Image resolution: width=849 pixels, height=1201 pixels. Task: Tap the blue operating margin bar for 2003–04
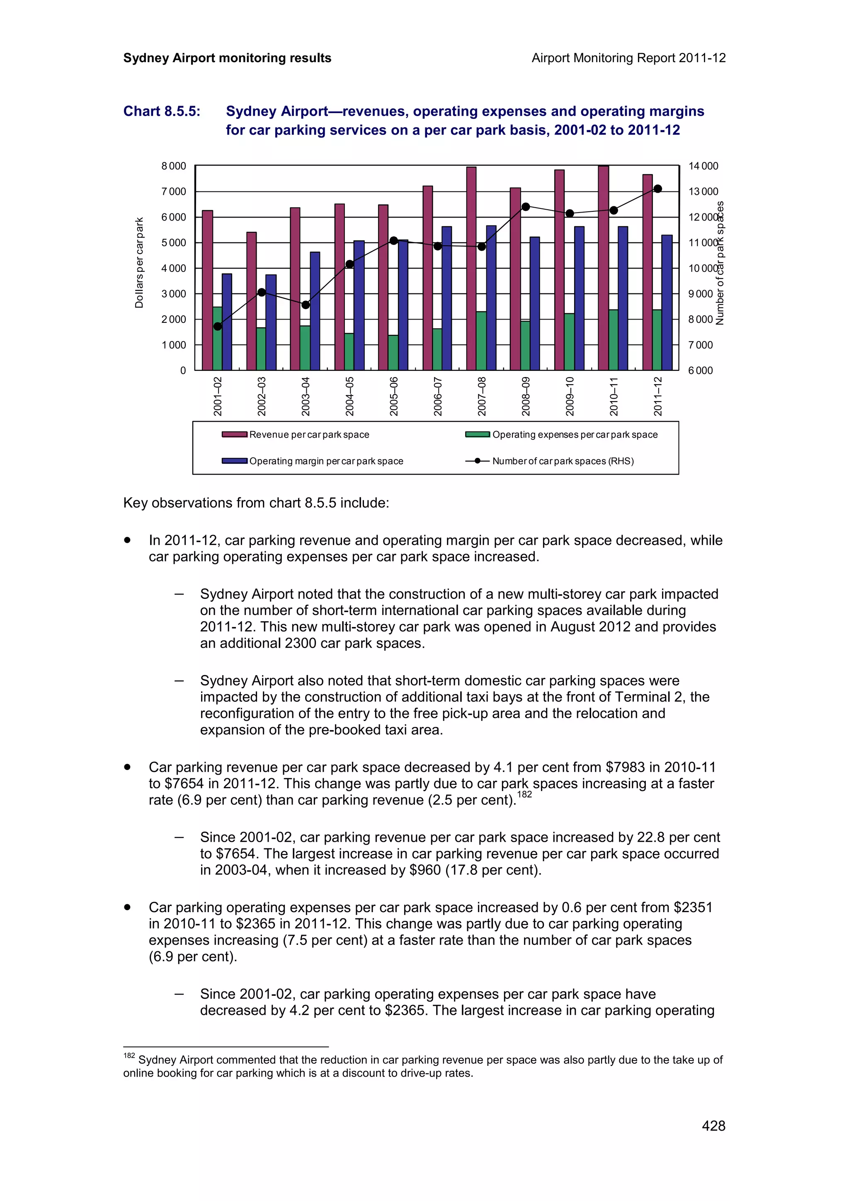tap(315, 311)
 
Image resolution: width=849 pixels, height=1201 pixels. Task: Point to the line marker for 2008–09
tap(526, 207)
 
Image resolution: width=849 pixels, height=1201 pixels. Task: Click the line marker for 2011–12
tap(658, 189)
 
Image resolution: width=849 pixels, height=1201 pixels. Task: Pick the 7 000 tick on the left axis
tap(174, 191)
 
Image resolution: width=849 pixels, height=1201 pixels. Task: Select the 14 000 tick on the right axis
tap(703, 166)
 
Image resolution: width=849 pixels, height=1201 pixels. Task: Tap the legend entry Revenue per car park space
tap(308, 435)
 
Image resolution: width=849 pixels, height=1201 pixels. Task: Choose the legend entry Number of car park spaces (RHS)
tap(563, 461)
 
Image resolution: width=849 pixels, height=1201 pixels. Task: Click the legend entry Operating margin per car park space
tap(325, 461)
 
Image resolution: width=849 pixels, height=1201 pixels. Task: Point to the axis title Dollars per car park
tap(139, 263)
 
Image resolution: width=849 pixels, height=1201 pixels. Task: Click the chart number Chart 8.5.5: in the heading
tap(162, 111)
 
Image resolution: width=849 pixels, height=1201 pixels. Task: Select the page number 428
tap(713, 1126)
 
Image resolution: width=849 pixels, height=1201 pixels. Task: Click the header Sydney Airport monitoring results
tap(227, 58)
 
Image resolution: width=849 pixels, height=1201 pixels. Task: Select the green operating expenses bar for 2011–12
tap(657, 340)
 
